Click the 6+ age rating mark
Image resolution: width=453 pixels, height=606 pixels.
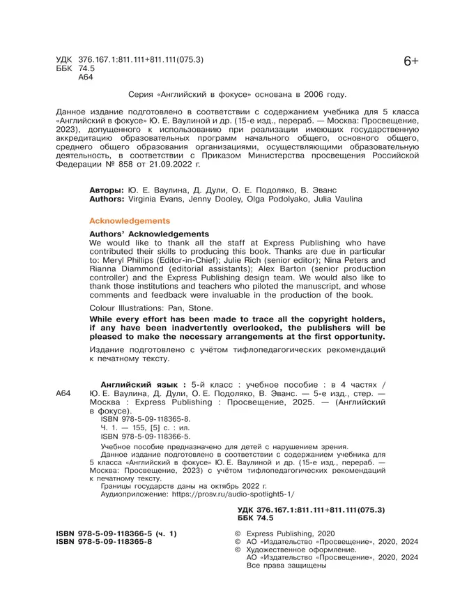pyautogui.click(x=410, y=62)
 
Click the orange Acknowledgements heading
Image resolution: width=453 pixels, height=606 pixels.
pyautogui.click(x=130, y=220)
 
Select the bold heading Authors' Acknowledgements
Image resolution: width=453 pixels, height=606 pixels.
pyautogui.click(x=150, y=234)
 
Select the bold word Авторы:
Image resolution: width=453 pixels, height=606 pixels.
pyautogui.click(x=107, y=190)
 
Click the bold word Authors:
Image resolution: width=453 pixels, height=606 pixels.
pyautogui.click(x=109, y=199)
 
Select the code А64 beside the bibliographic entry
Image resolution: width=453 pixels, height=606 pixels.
pyautogui.click(x=63, y=394)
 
